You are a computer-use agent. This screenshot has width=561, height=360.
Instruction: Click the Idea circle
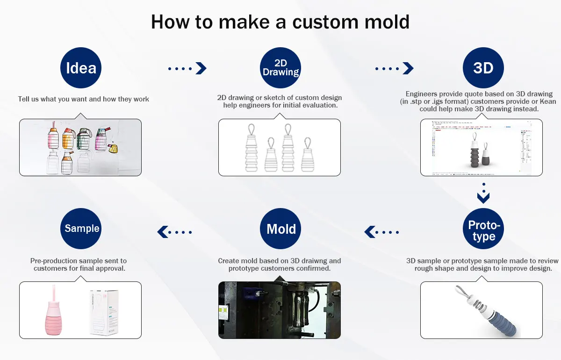point(81,68)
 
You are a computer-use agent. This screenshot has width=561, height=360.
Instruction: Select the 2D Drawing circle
point(280,68)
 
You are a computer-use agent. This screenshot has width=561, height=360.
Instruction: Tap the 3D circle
point(483,68)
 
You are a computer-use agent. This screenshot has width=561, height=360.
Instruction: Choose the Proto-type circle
point(483,229)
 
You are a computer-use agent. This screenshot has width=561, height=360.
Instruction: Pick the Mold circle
point(280,229)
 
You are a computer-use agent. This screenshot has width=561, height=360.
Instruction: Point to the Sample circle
point(81,229)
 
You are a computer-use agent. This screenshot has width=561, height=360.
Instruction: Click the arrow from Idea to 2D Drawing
point(187,68)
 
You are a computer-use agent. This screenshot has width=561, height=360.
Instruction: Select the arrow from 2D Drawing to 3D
point(395,68)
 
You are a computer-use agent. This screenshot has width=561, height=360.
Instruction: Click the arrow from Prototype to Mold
point(382,231)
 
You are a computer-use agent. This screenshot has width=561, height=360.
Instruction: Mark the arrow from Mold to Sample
point(175,231)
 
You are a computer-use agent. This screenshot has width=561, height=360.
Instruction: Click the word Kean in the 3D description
point(547,101)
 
